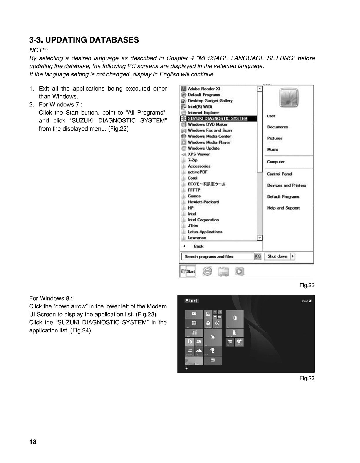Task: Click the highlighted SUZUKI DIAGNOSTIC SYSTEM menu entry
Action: coord(217,118)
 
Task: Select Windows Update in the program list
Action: coord(203,148)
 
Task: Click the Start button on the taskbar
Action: coord(188,271)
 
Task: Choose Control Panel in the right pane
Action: coord(279,174)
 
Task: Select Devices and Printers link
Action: coord(286,185)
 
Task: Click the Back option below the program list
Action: coord(198,246)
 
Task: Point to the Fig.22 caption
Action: coord(307,285)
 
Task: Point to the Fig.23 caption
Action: coord(307,378)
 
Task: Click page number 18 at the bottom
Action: coord(33,442)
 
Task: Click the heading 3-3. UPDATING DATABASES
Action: coord(84,40)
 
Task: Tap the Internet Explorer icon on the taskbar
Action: coord(207,271)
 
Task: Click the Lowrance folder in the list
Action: coord(197,238)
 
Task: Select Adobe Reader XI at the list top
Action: coord(204,89)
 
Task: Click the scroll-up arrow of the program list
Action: coord(260,89)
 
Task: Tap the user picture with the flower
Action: coord(289,98)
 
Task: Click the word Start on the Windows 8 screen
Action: coord(191,301)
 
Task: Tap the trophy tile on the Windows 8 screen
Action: coord(213,351)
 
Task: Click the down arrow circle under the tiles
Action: coord(186,368)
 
